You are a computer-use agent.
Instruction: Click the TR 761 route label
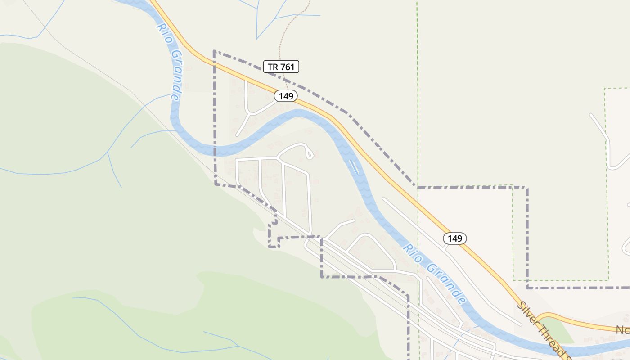point(281,67)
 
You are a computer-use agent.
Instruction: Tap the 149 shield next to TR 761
point(286,96)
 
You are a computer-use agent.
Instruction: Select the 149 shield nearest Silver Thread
point(455,238)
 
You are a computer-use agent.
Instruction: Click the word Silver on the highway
point(529,314)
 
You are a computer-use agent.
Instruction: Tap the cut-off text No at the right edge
point(623,330)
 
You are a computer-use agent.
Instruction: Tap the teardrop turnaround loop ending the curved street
point(309,153)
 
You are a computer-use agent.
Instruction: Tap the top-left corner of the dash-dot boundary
point(214,52)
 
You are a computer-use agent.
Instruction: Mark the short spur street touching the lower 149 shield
point(446,247)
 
